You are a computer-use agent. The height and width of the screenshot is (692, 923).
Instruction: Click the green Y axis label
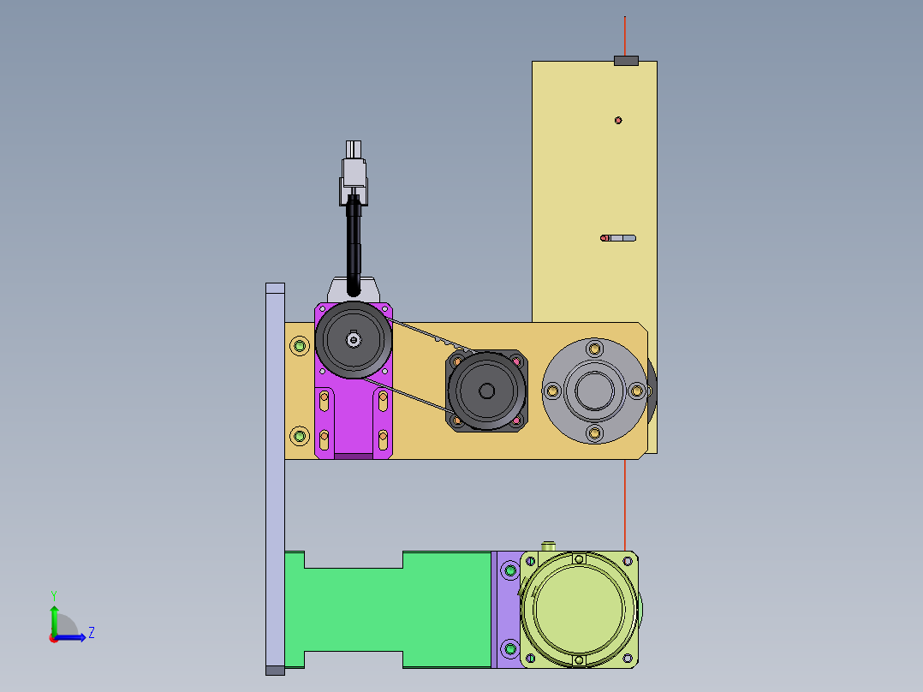(x=54, y=596)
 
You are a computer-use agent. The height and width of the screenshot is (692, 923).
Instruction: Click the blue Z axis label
(x=92, y=633)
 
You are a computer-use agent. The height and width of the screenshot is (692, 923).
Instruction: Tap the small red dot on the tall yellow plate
(x=618, y=120)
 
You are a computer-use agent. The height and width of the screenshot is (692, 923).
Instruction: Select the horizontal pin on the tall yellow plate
(x=618, y=238)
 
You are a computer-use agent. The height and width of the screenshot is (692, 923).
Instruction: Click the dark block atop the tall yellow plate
(x=627, y=61)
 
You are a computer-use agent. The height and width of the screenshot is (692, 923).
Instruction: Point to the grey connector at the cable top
(x=354, y=172)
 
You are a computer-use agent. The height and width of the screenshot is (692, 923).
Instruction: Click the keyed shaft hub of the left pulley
(x=354, y=340)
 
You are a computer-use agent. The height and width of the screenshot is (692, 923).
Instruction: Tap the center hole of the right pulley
(x=487, y=391)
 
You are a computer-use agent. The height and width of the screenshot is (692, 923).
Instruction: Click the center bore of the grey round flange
(x=594, y=391)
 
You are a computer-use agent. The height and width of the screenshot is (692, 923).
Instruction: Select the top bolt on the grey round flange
(x=594, y=349)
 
